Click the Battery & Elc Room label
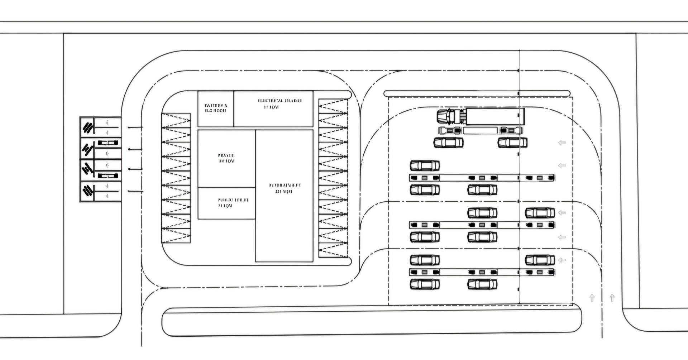(x=216, y=108)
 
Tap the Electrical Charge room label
(x=279, y=104)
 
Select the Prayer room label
(x=226, y=158)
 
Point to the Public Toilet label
(x=233, y=203)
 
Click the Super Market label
(x=285, y=188)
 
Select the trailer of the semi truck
(x=494, y=116)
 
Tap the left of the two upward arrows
(x=592, y=298)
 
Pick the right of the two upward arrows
(x=612, y=297)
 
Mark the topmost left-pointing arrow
(x=562, y=143)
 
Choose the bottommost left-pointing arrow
(x=562, y=260)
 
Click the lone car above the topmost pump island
(x=425, y=165)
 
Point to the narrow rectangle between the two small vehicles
(x=480, y=130)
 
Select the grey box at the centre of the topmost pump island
(x=482, y=178)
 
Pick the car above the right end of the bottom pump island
(x=540, y=260)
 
